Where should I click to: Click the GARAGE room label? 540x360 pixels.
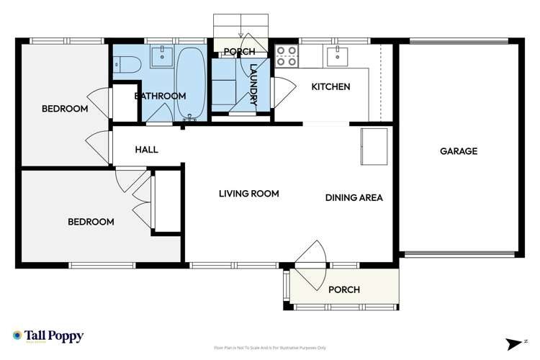(459, 151)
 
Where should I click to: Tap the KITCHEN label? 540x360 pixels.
(330, 86)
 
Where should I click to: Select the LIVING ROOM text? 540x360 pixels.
(249, 194)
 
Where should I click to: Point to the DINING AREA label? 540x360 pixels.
(354, 198)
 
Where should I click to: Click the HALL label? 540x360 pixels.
(146, 150)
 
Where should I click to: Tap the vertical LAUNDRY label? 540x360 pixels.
(253, 85)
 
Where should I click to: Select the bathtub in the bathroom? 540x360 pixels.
(191, 83)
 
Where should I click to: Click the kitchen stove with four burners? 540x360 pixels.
(287, 56)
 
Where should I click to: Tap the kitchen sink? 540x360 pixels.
(337, 55)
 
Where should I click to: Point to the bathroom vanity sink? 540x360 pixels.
(163, 56)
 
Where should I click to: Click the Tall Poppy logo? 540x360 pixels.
(48, 336)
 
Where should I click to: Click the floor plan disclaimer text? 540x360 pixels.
(270, 348)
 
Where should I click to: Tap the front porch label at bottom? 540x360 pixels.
(343, 289)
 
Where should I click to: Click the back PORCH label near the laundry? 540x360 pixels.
(239, 52)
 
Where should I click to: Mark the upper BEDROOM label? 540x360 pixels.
(65, 109)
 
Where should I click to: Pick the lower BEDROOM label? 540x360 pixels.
(91, 222)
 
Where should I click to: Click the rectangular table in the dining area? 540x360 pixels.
(374, 146)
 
